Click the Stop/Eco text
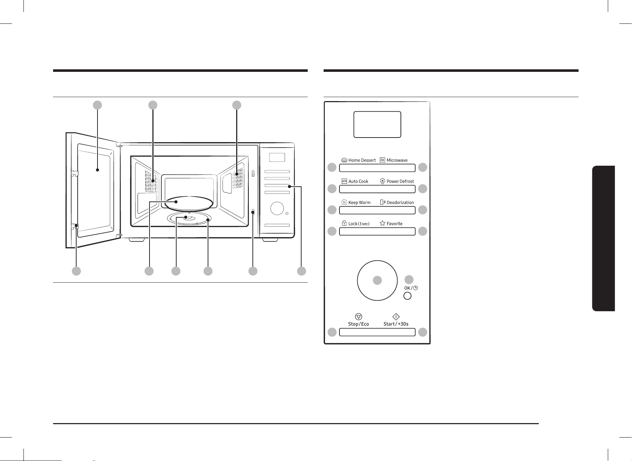tap(359, 324)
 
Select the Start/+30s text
tap(396, 324)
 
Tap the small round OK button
tap(407, 296)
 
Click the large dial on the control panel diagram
tap(377, 280)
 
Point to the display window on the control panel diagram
tap(377, 124)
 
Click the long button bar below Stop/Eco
tap(377, 332)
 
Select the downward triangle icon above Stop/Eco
tap(359, 317)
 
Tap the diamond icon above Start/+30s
tap(396, 317)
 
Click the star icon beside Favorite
tap(382, 223)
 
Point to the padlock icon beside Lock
tap(344, 223)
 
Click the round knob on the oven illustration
tap(277, 208)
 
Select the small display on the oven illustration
tap(277, 157)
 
